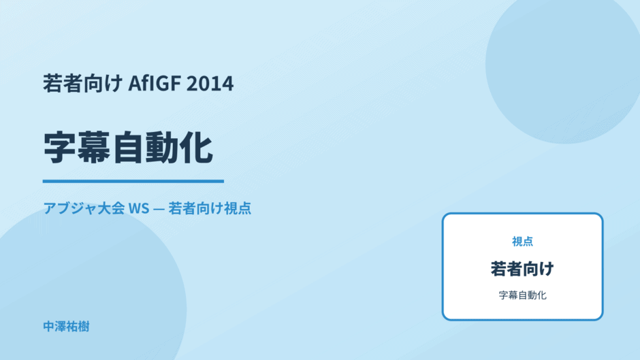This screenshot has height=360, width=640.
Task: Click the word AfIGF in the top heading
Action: tap(155, 83)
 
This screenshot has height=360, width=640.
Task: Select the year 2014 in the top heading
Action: tap(210, 83)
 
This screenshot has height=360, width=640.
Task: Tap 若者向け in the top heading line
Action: tap(83, 83)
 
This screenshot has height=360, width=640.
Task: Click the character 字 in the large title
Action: tap(60, 148)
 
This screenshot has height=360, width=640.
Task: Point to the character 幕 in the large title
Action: tap(94, 148)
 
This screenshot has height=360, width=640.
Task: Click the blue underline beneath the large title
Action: tap(133, 181)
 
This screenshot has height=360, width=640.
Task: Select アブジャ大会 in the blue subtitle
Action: tap(84, 208)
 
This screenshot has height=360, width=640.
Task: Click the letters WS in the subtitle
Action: tap(139, 208)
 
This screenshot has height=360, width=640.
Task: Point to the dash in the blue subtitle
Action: tap(159, 209)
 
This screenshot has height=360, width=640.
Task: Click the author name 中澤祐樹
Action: tap(66, 327)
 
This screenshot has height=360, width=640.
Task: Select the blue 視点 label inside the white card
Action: tap(522, 242)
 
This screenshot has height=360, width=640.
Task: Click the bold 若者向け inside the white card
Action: tap(522, 269)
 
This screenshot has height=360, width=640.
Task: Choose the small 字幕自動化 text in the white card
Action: tap(522, 295)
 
